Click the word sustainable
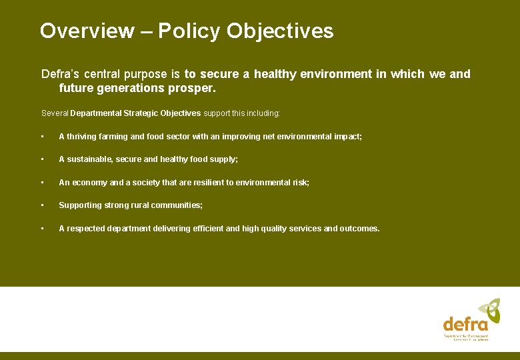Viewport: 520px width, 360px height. click(90, 159)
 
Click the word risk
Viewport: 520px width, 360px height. click(299, 182)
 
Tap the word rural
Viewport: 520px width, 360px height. click(142, 205)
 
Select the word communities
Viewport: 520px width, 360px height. click(179, 205)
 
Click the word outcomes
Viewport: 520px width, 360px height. click(359, 229)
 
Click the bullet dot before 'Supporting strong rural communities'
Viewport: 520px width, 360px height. click(42, 205)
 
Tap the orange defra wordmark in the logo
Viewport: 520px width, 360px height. click(465, 325)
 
